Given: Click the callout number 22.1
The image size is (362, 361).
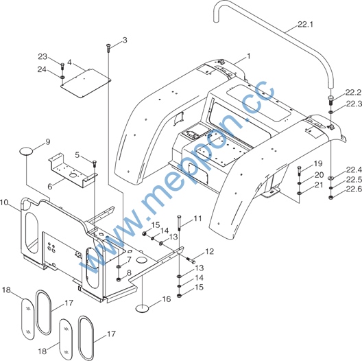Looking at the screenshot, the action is pos(305,24).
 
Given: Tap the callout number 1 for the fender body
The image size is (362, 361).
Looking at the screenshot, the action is pos(248,56).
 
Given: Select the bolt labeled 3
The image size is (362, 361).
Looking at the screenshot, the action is pos(108,47).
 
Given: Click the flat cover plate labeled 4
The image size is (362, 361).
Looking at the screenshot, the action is pos(86,83).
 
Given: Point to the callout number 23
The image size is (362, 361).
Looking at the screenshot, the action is pos(43,57).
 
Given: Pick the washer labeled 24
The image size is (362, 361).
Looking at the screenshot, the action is pos(62,76).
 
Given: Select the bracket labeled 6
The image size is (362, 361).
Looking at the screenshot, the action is pos(73,170).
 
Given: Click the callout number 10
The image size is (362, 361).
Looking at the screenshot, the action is pos(4,202).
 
